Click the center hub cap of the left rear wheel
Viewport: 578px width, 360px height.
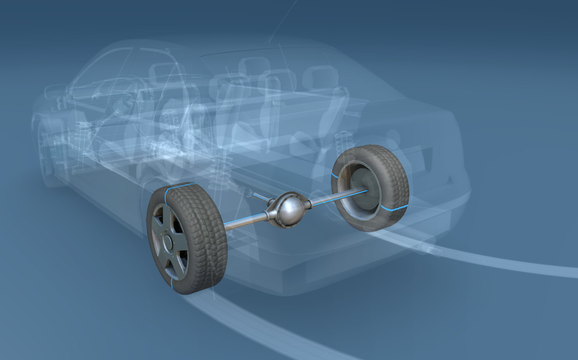click(x=168, y=241)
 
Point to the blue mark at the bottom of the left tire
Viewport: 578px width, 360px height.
click(x=172, y=286)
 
